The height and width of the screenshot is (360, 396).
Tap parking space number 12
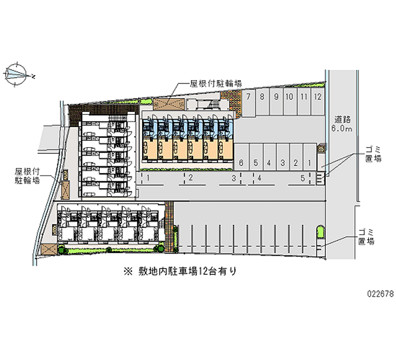(317, 97)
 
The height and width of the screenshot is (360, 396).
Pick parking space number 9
(276, 97)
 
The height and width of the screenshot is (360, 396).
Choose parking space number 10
(290, 97)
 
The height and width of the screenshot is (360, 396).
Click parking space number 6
(241, 162)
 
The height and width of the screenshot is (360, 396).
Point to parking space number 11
(303, 97)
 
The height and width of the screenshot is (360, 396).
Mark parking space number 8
(261, 97)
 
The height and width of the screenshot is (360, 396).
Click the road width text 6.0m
(342, 129)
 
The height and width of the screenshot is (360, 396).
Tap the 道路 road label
(342, 119)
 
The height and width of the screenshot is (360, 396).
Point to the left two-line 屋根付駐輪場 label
(28, 176)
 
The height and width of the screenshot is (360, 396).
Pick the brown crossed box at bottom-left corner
(49, 249)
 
